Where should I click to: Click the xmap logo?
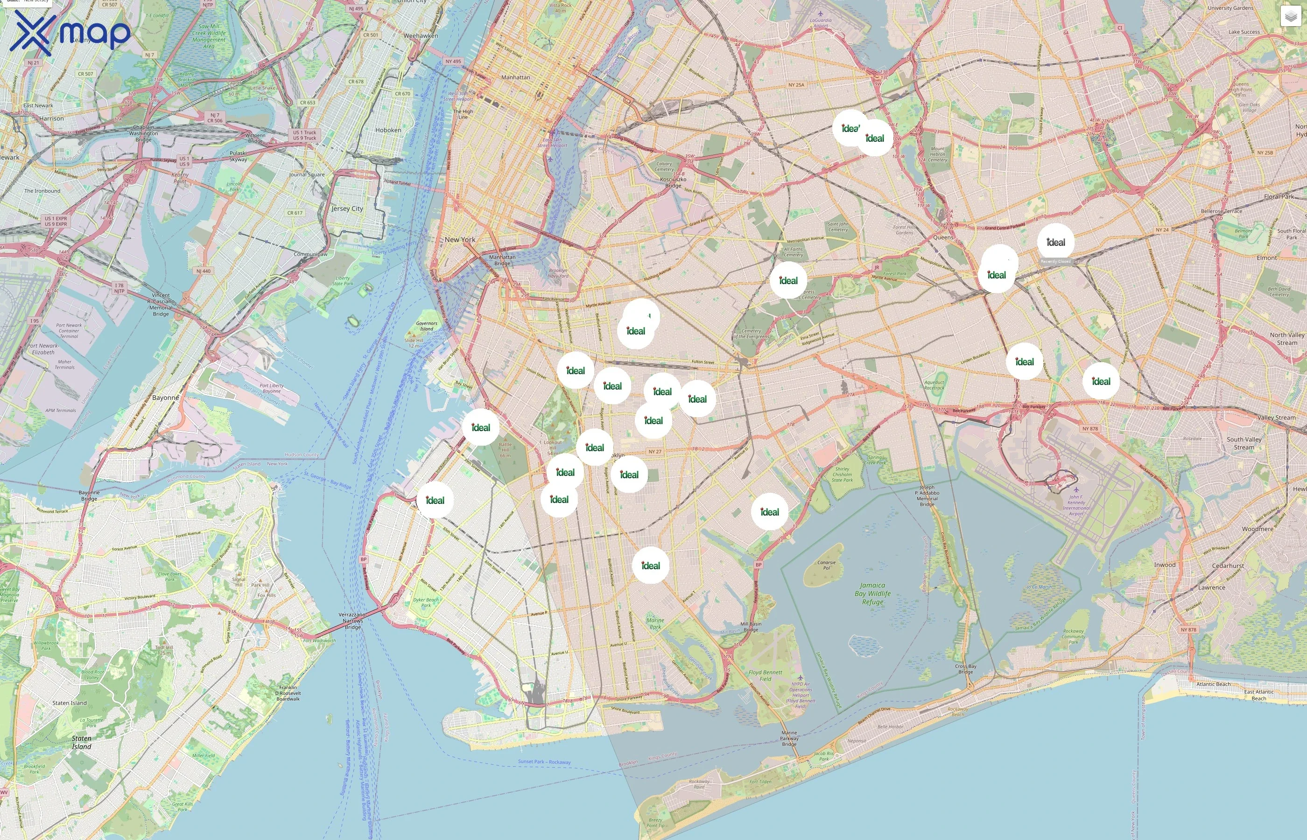pos(70,33)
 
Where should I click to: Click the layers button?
pos(1291,16)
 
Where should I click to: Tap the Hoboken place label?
pos(388,130)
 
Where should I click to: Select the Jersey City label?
pos(347,208)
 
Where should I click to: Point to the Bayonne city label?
pos(165,398)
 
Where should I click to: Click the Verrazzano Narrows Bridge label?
pos(352,621)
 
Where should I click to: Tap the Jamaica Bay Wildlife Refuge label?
pos(872,594)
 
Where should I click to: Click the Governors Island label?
pos(427,326)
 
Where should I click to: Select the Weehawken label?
pos(421,36)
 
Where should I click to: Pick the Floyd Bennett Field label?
pos(766,676)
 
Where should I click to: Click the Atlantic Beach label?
pos(1213,684)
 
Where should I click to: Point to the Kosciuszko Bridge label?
pos(673,182)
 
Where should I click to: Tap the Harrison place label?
pos(51,119)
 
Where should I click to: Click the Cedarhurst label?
pos(1228,566)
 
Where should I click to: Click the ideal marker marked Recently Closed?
pos(1055,242)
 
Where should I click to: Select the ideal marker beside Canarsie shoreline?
pos(769,511)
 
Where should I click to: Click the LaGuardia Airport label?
pos(821,23)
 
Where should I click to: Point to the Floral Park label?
pos(1279,196)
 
